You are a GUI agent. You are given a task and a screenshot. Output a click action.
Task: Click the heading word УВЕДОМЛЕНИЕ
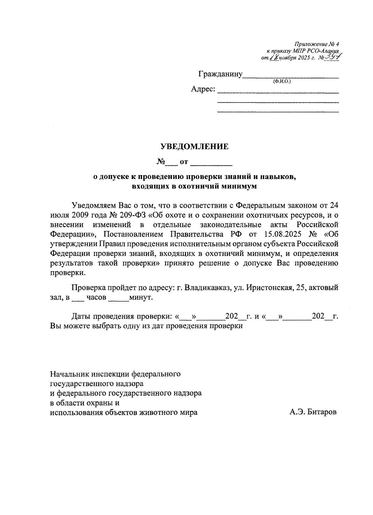pyautogui.click(x=194, y=146)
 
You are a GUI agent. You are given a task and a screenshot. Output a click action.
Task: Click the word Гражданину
pyautogui.click(x=220, y=74)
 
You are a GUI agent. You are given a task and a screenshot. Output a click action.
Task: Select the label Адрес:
pyautogui.click(x=203, y=89)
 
